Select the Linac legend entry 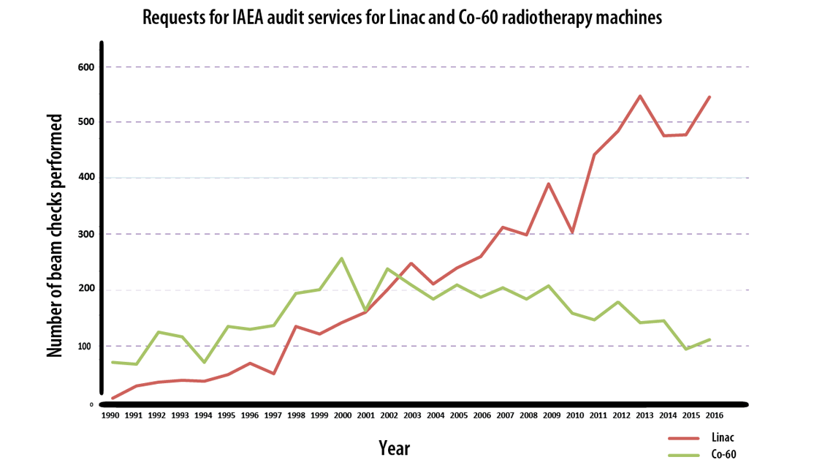723,437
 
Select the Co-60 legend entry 723,454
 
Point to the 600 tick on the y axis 86,67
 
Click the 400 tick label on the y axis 86,178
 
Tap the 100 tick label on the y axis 86,346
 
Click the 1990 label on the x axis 111,415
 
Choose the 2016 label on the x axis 709,415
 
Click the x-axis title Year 394,448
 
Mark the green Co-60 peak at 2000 342,258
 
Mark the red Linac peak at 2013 640,96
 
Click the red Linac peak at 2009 548,184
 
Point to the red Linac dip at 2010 572,233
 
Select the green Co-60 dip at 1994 204,362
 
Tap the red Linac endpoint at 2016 710,97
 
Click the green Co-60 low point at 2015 685,349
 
